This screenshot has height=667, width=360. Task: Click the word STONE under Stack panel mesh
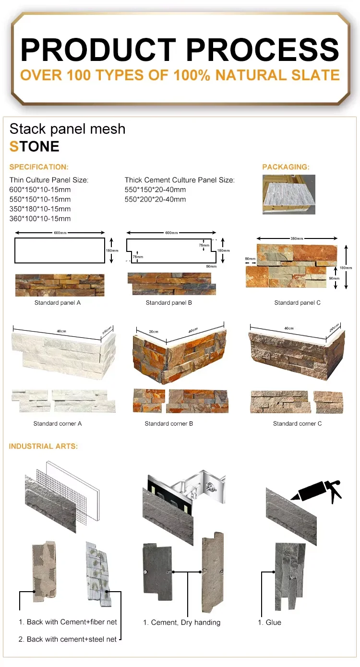[35, 146]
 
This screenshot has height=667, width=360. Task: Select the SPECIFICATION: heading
[39, 167]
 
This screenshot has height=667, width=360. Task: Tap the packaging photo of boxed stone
[288, 194]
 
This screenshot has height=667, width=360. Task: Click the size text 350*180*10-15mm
[40, 209]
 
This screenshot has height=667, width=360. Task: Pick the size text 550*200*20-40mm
[155, 199]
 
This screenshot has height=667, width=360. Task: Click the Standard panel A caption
[58, 303]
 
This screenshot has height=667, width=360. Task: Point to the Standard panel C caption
[297, 303]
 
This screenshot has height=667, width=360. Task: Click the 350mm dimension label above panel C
[297, 238]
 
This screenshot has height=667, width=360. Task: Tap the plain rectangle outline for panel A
[60, 250]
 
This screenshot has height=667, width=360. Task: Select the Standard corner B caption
[169, 424]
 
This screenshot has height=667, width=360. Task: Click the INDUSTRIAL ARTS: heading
[43, 446]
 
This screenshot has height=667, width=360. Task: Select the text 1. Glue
[270, 622]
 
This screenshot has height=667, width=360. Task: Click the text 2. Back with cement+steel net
[68, 639]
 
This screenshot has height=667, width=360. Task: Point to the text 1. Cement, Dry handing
[182, 622]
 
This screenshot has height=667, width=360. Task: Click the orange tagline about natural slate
[180, 75]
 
